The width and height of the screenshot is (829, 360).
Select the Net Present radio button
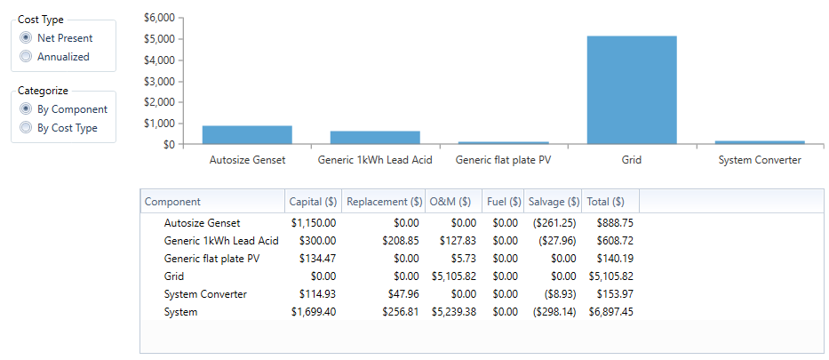pyautogui.click(x=27, y=38)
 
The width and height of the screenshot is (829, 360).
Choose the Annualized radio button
pyautogui.click(x=27, y=56)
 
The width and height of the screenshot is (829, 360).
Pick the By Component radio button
pyautogui.click(x=27, y=109)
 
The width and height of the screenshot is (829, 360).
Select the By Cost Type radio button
pyautogui.click(x=27, y=128)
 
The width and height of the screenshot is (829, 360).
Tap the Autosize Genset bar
pyautogui.click(x=247, y=134)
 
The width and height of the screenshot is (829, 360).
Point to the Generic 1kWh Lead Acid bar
pyautogui.click(x=375, y=137)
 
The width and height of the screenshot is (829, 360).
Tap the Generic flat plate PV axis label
pyautogui.click(x=503, y=160)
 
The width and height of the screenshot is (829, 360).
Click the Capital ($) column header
pyautogui.click(x=313, y=202)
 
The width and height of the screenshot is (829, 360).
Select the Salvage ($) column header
pyautogui.click(x=554, y=202)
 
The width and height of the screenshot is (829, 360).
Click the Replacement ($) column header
pyautogui.click(x=384, y=202)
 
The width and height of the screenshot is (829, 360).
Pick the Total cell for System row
pyautogui.click(x=610, y=312)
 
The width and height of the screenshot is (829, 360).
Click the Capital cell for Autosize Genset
pyautogui.click(x=314, y=223)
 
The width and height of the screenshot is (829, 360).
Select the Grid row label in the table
pyautogui.click(x=175, y=276)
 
